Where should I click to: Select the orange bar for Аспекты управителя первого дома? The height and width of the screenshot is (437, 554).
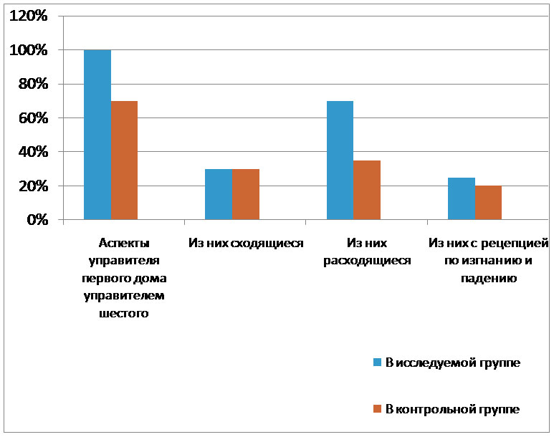click(124, 160)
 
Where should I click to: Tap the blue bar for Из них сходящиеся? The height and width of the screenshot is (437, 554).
click(219, 194)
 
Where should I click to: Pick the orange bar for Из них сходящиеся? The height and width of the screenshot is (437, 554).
click(245, 194)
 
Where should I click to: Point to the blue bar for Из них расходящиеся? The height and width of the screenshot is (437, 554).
click(340, 160)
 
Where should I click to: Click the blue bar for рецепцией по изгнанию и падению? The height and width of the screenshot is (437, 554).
click(462, 198)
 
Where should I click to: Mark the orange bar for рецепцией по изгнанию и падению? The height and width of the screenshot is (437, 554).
click(488, 203)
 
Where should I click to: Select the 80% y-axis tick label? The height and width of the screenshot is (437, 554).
click(31, 85)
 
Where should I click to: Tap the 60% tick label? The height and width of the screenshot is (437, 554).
click(31, 118)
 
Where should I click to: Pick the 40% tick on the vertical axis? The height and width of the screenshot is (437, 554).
click(31, 152)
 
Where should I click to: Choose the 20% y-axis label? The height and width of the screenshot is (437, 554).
click(31, 186)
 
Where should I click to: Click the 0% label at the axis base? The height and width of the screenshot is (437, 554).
click(35, 220)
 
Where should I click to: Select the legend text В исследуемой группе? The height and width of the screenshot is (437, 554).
click(452, 362)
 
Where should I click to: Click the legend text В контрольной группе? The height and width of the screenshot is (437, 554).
click(452, 409)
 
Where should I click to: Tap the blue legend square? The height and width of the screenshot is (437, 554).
click(377, 362)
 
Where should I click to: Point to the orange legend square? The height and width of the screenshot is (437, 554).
click(377, 409)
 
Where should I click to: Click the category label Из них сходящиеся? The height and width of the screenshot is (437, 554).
click(246, 244)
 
